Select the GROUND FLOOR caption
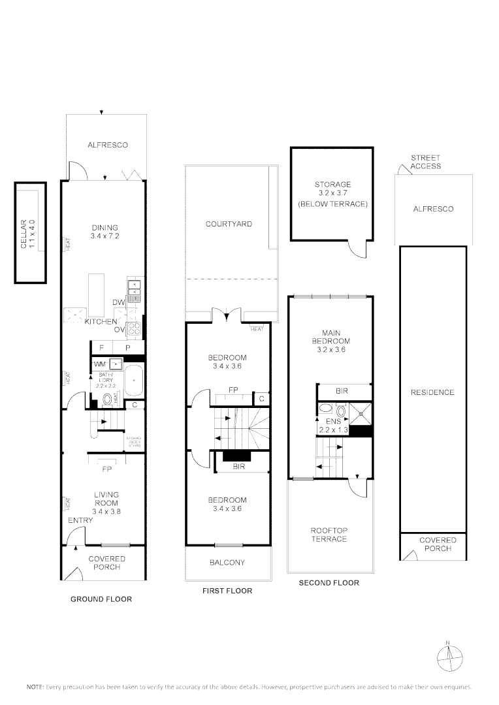[x=101, y=599]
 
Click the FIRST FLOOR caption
[x=227, y=591]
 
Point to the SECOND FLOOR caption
[x=329, y=583]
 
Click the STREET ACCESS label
[x=425, y=162]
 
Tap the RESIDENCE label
[x=432, y=392]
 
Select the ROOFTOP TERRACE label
[x=329, y=535]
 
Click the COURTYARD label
[x=229, y=224]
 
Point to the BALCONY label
[x=227, y=563]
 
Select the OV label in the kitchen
[x=120, y=330]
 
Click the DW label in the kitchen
[x=119, y=302]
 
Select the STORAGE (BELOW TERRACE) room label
[x=332, y=194]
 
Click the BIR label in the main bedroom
[x=342, y=392]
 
